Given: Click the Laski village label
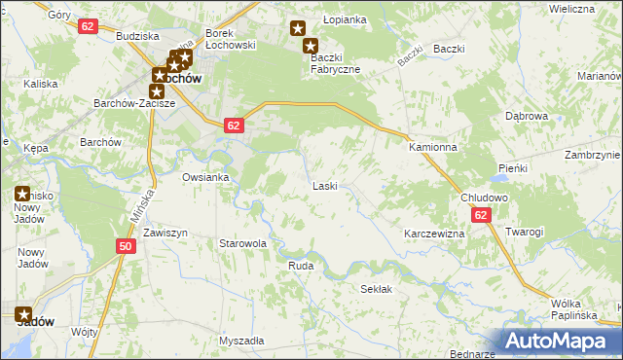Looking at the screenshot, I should tap(324, 185).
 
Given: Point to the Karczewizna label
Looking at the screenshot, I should tap(433, 234).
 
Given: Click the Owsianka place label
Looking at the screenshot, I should tap(204, 177).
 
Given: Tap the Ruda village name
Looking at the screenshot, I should tap(300, 264).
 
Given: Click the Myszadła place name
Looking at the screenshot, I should tap(241, 342).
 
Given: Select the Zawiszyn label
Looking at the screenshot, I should tap(165, 234).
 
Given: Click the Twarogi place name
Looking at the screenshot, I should tap(524, 232).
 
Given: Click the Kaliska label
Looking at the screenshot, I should tap(41, 84).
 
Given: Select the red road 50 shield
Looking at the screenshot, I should tap(125, 247).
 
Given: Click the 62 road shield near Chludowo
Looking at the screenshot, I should tap(482, 216).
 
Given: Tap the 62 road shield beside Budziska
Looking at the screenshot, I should tap(88, 26).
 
